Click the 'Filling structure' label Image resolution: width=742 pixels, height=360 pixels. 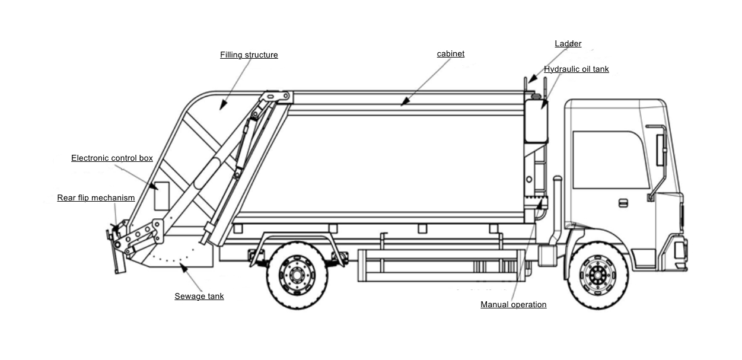click(249, 55)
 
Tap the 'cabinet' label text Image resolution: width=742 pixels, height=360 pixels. click(450, 54)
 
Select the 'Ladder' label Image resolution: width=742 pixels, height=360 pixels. click(568, 44)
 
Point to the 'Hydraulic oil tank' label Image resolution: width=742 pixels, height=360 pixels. click(576, 69)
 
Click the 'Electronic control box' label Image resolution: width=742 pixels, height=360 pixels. click(112, 158)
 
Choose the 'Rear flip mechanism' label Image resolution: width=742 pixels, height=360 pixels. click(96, 198)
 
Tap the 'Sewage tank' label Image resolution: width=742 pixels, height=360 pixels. click(199, 297)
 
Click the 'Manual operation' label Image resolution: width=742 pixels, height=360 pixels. click(513, 305)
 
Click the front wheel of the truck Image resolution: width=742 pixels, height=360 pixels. click(598, 273)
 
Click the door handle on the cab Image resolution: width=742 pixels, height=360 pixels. click(623, 203)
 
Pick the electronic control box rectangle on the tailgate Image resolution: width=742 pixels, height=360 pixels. click(162, 195)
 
